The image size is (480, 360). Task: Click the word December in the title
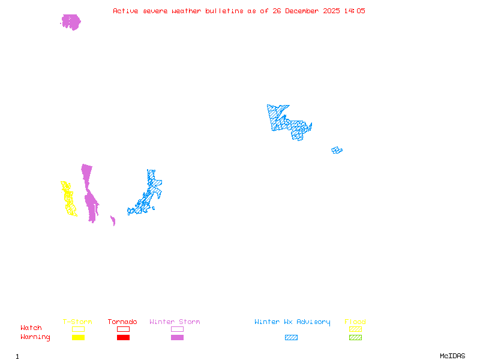coord(301,11)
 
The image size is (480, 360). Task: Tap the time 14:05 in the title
coord(355,11)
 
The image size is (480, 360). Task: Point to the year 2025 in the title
coord(332,11)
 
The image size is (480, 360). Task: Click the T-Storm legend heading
coord(77,322)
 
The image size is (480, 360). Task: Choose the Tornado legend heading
coord(122,322)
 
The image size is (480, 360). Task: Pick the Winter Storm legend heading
coord(175,322)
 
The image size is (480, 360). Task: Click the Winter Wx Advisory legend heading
coord(292,322)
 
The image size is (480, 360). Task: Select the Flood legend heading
coord(355,322)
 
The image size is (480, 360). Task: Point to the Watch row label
coord(31,328)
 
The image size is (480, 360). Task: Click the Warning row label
coord(35,337)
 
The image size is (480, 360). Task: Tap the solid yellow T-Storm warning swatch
coord(78,338)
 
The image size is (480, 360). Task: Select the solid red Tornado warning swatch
coord(123,338)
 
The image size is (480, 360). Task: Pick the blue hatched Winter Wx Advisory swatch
coord(291,338)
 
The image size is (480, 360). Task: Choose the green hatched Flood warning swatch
coord(355,338)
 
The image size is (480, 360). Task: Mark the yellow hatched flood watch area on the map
coord(68,199)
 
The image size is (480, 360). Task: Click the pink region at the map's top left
coord(71,22)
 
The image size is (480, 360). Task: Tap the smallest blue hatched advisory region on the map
coord(337,150)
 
